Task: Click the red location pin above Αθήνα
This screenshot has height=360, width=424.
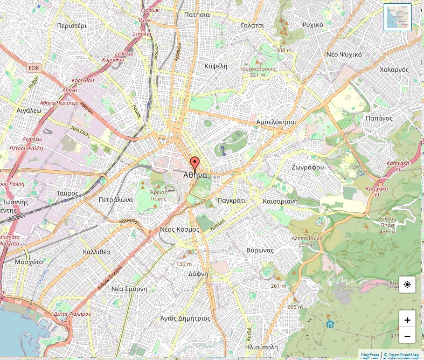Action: pos(194,163)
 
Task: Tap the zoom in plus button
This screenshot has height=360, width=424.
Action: pos(407,320)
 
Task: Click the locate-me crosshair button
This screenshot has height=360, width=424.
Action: pos(407,284)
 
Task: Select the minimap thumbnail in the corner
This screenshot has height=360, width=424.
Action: pos(398,17)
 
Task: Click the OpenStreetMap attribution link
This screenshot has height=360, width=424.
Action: pos(401,355)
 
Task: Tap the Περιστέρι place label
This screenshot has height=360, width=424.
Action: pos(72,25)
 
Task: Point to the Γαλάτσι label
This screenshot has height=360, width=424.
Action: pos(253,25)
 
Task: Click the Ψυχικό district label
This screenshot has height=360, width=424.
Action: pos(312,25)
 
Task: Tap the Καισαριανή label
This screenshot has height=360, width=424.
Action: pos(280,200)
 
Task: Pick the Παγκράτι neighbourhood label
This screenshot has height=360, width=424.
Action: pos(231,200)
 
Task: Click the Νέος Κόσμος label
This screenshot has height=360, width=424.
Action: pos(180,229)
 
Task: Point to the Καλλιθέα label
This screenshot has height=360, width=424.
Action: pos(96,252)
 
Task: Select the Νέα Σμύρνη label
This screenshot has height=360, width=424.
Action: pos(129,288)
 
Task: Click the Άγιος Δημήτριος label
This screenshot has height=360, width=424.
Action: pos(185,318)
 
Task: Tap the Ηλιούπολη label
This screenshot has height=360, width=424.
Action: pos(261,347)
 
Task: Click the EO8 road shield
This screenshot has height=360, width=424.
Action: pos(34,67)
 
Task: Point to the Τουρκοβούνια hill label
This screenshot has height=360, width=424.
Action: pos(258,69)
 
